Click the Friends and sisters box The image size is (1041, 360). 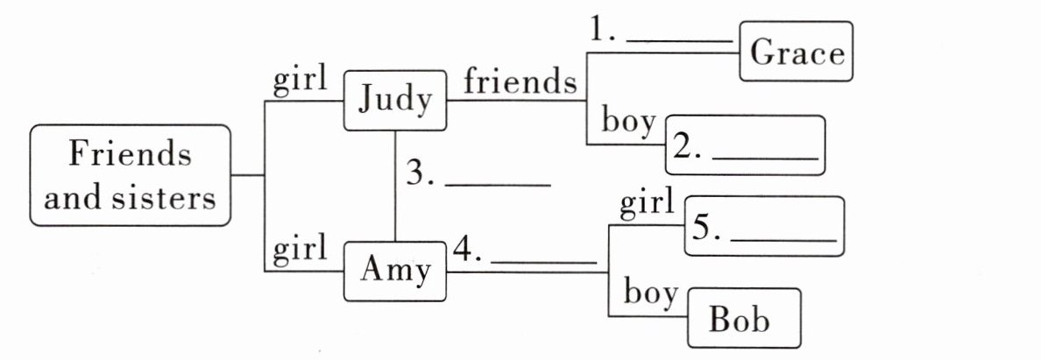click(x=130, y=175)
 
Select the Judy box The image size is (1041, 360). click(x=395, y=101)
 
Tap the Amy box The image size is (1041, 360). click(x=395, y=271)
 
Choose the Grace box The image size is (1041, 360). click(x=797, y=53)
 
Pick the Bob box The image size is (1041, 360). click(x=744, y=318)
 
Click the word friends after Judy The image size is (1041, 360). click(x=520, y=82)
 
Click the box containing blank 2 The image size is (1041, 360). click(x=745, y=145)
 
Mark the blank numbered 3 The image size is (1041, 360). click(x=498, y=184)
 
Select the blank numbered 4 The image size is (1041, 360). click(x=544, y=261)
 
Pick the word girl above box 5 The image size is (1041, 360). click(x=648, y=204)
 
